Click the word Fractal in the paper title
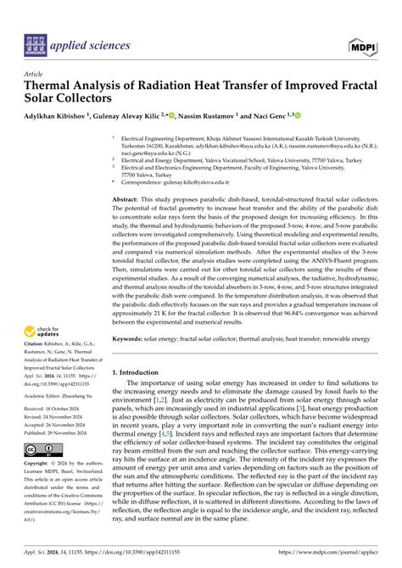point(327,86)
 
